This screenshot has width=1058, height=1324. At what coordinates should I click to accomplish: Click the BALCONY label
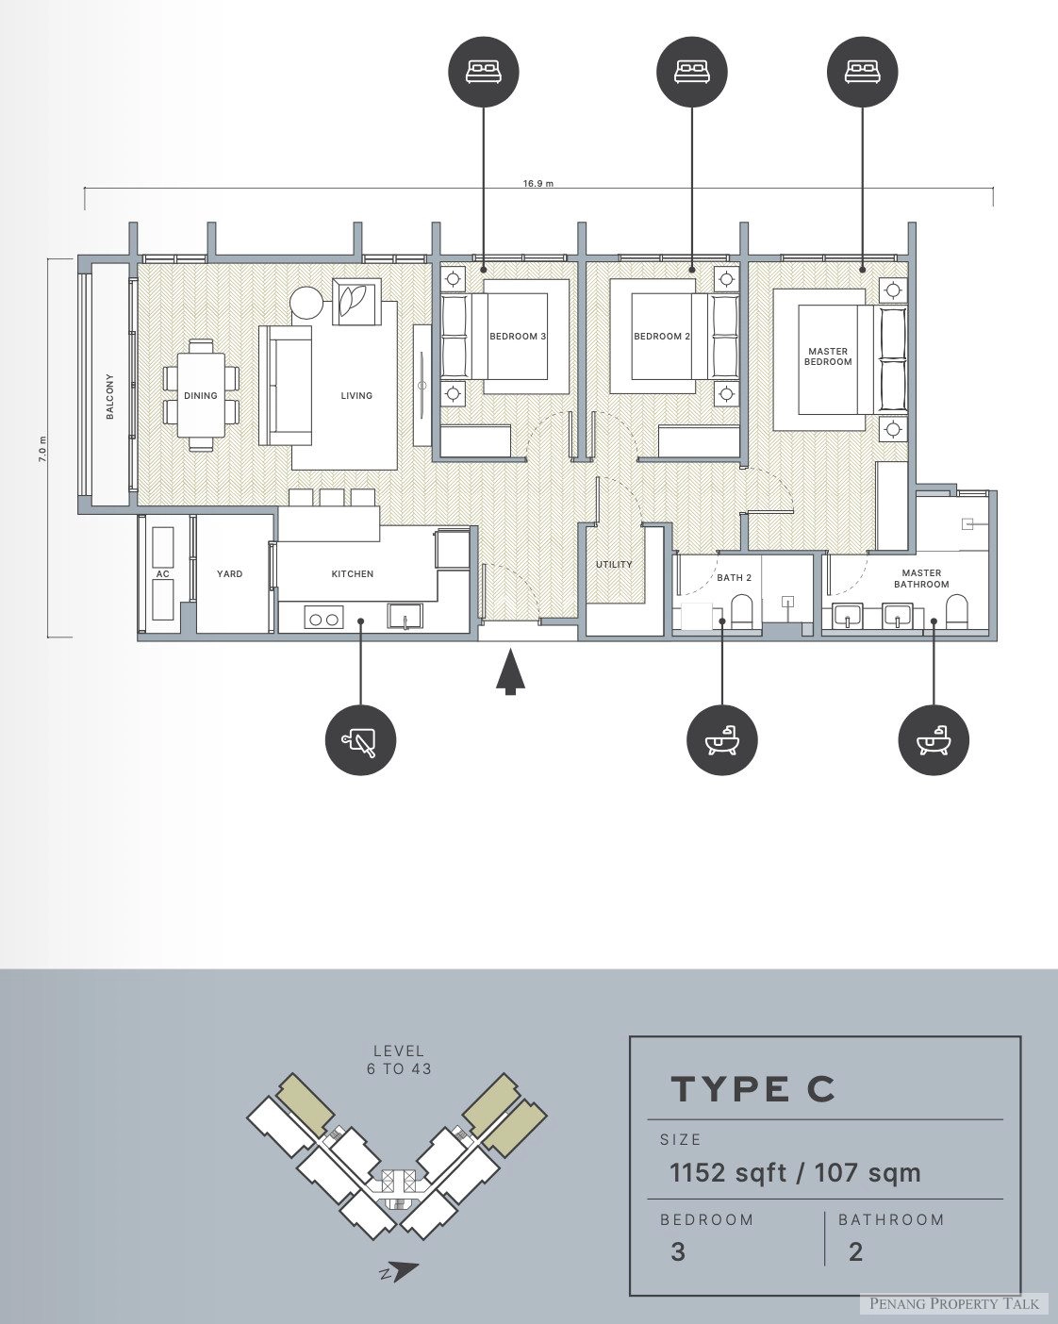(110, 396)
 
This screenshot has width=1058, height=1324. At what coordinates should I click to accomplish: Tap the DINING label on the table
(201, 396)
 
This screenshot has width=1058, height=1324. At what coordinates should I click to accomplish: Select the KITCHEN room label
(353, 573)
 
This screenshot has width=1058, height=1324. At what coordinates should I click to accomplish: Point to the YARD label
(229, 573)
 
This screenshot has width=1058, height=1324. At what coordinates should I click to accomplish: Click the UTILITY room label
(614, 564)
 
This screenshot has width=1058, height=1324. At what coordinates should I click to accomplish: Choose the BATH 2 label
(734, 578)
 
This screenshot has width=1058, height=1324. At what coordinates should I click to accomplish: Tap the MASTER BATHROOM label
(921, 578)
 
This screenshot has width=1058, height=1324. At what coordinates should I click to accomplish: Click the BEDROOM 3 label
(518, 337)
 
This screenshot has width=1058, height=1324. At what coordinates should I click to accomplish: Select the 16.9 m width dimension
(538, 183)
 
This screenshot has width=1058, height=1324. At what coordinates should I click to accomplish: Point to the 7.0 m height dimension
(42, 449)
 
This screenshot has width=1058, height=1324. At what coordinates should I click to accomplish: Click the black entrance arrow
(510, 672)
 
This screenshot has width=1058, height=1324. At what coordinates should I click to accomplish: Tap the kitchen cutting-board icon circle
(360, 739)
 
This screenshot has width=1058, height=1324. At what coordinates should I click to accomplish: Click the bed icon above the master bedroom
(862, 72)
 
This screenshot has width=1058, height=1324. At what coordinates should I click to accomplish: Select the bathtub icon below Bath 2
(721, 739)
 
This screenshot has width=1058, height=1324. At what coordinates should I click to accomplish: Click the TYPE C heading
(752, 1089)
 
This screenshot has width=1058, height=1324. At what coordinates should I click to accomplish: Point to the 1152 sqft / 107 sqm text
(795, 1173)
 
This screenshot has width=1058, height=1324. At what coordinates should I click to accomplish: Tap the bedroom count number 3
(678, 1252)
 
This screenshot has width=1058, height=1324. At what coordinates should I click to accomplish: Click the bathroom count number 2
(855, 1252)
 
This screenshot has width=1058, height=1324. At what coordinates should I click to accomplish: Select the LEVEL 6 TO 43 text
(399, 1060)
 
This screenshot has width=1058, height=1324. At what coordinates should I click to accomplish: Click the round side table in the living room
(306, 303)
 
